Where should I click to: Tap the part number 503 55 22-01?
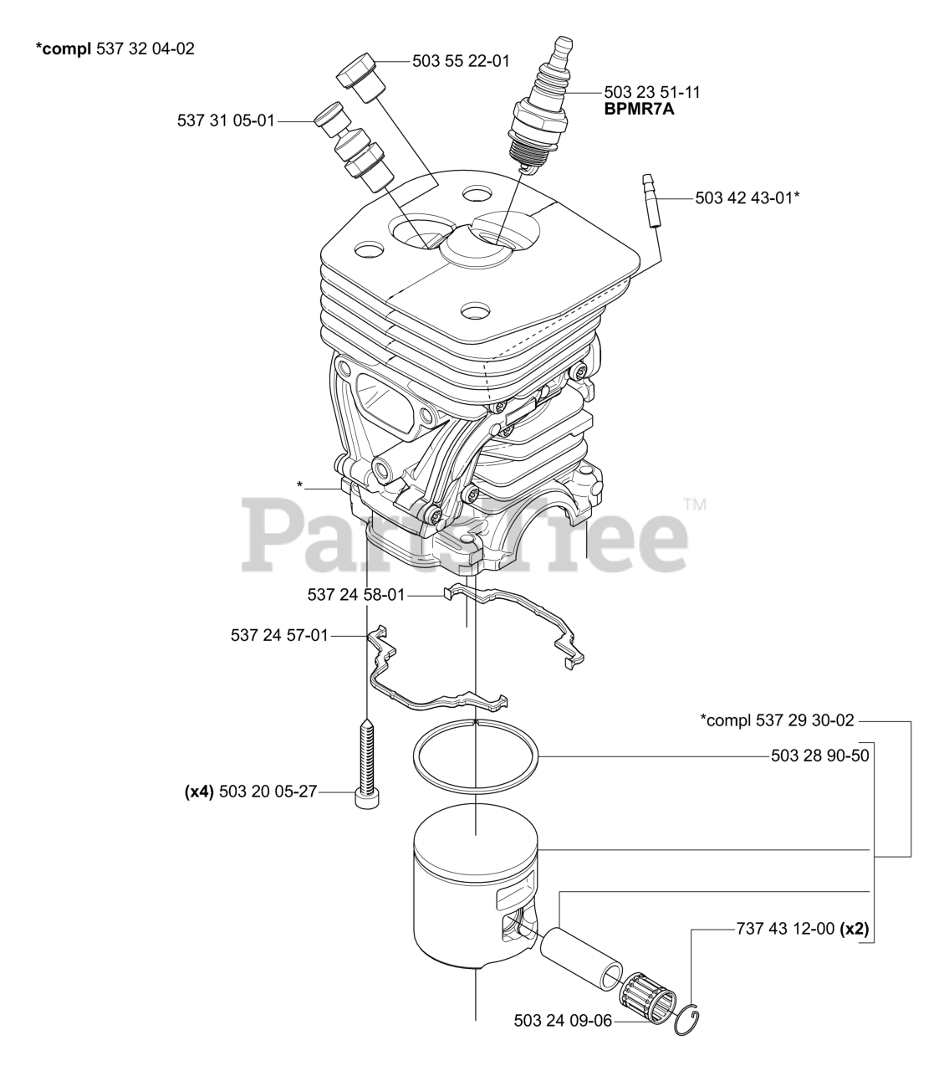click(461, 61)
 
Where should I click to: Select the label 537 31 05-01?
click(226, 120)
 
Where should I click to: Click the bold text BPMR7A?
click(640, 108)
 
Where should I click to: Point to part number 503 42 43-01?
click(743, 198)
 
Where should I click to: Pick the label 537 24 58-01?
click(356, 595)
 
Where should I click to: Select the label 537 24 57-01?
click(279, 636)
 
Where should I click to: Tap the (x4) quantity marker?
click(199, 792)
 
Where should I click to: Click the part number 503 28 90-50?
click(819, 756)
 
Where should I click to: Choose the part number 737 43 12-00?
click(785, 929)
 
